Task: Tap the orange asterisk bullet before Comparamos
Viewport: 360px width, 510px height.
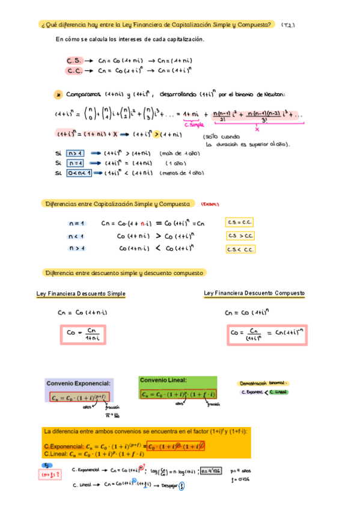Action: point(58,94)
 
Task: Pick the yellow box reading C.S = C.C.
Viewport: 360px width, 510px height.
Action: point(240,223)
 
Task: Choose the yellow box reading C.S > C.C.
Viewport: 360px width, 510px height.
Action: point(240,235)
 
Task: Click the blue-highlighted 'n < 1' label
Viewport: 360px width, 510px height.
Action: point(76,236)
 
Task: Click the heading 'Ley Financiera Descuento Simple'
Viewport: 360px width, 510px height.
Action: point(81,293)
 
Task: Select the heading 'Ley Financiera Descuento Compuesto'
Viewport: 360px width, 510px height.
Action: point(254,293)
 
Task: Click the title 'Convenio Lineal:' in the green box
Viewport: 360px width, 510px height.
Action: point(163,380)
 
